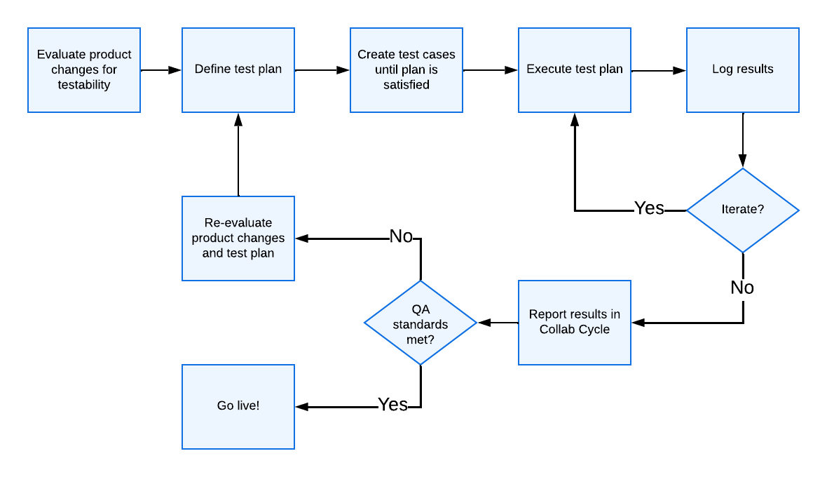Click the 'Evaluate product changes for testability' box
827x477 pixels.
(84, 70)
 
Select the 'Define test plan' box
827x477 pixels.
(238, 70)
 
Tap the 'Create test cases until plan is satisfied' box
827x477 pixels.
(406, 70)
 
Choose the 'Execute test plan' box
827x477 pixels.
(575, 70)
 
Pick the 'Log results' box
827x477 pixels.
(743, 70)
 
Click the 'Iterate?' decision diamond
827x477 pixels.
(743, 210)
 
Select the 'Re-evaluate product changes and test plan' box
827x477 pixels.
(238, 238)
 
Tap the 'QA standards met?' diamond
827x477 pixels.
(421, 323)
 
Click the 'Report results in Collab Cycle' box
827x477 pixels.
(575, 323)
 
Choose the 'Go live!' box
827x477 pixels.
(238, 407)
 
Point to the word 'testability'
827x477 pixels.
(84, 85)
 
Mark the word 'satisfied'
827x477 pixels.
(406, 85)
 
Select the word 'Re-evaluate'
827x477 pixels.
(238, 223)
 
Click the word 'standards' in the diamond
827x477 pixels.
(421, 325)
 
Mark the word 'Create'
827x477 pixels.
(376, 55)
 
